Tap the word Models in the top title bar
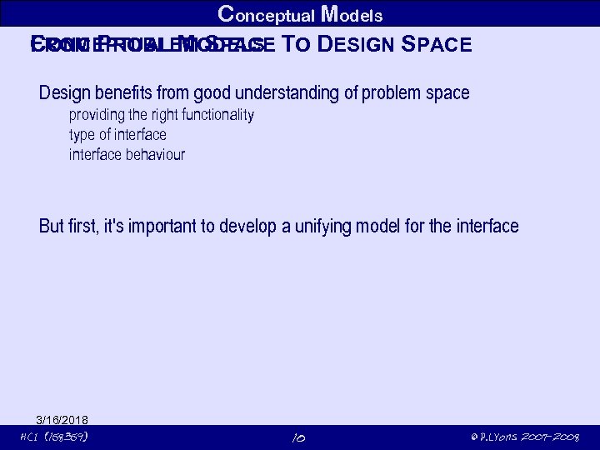pyautogui.click(x=352, y=14)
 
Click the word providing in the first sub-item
pyautogui.click(x=97, y=115)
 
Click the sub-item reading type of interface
pyautogui.click(x=117, y=135)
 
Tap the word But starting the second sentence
pyautogui.click(x=51, y=226)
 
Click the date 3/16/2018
pyautogui.click(x=62, y=419)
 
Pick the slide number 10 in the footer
pyautogui.click(x=300, y=437)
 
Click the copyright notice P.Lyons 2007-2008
pyautogui.click(x=524, y=437)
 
